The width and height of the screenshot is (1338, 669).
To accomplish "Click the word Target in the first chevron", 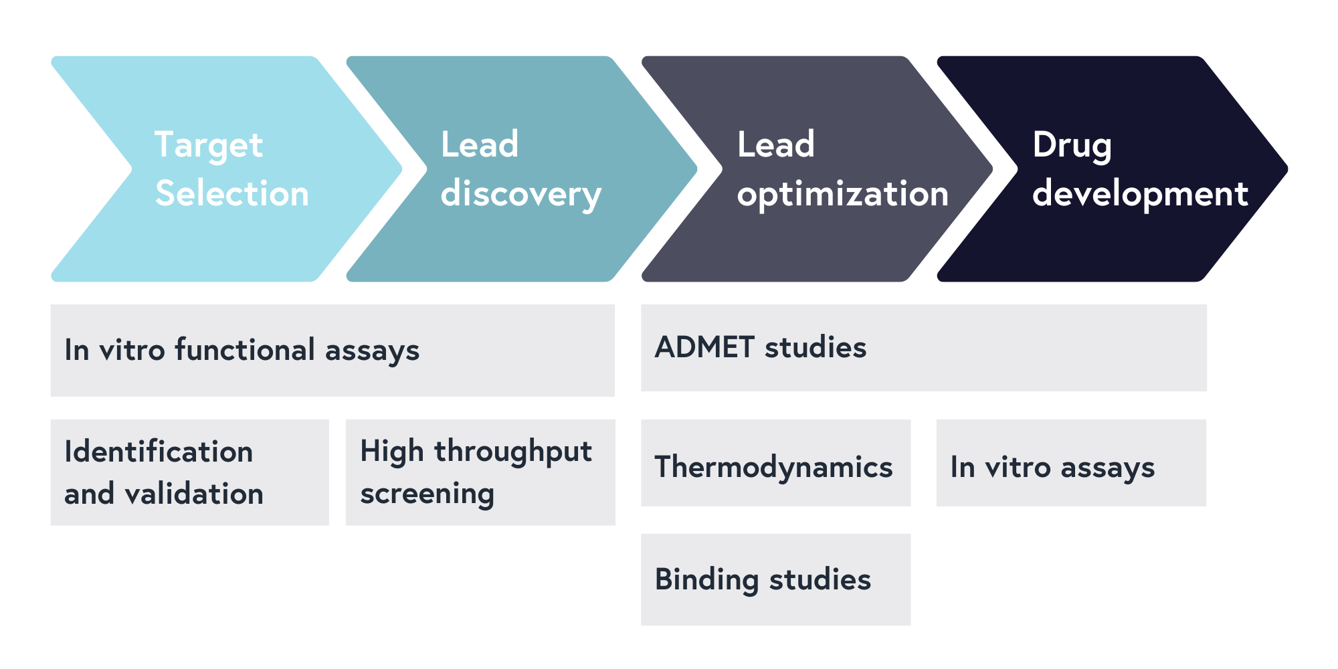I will [209, 145].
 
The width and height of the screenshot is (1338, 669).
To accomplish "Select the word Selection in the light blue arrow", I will [232, 194].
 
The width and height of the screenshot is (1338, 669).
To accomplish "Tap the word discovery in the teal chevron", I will [521, 195].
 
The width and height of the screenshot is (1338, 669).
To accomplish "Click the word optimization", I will [842, 195].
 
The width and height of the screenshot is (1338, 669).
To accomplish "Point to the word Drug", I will [1072, 145].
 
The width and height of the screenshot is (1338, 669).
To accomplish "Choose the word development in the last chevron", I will [1140, 195].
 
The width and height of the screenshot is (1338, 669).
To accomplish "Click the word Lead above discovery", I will [480, 145].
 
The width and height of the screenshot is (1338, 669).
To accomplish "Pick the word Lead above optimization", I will [775, 145].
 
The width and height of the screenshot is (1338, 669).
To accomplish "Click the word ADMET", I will [705, 347].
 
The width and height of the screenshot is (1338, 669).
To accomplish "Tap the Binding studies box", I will [775, 579].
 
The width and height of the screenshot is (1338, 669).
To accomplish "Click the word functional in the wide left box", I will [245, 349].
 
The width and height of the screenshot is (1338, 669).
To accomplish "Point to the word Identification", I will [159, 452].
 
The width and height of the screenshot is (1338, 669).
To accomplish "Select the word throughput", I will [513, 452].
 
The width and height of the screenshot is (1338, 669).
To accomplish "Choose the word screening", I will [427, 494].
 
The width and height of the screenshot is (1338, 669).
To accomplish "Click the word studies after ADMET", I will [816, 347].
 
